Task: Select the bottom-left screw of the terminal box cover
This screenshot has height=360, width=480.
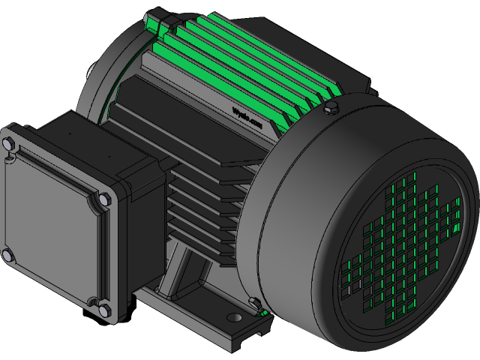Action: coord(7,257)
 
